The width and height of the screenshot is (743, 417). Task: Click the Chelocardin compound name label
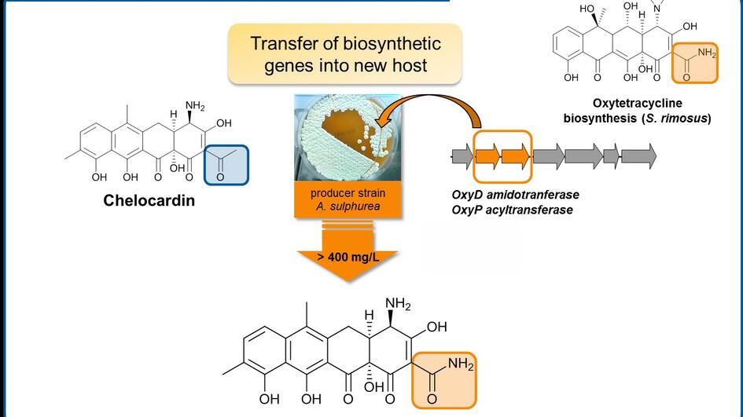point(149,200)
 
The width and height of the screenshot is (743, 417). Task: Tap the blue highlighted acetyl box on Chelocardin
point(226,164)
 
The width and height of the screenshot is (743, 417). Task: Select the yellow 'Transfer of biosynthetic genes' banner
point(345,54)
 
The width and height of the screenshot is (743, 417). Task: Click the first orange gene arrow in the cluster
point(487,155)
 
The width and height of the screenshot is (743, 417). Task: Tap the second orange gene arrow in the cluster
point(516,155)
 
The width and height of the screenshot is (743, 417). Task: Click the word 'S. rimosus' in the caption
point(682,119)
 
